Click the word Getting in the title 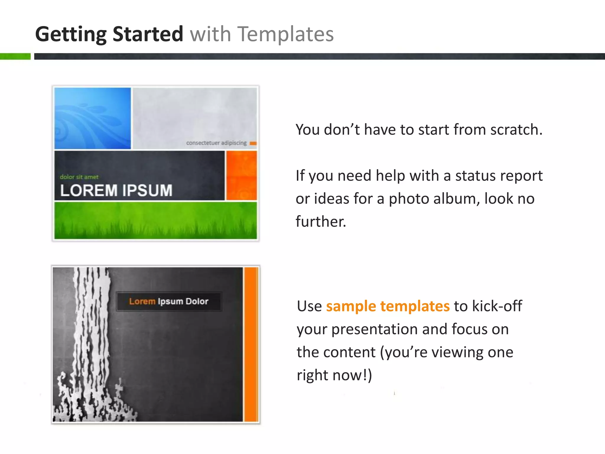click(71, 34)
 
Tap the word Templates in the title click(286, 34)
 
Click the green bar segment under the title click(15, 56)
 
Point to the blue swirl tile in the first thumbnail click(92, 118)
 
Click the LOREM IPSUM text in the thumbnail click(116, 190)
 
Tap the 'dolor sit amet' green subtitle click(79, 177)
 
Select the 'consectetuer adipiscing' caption click(216, 143)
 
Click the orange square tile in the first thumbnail click(241, 175)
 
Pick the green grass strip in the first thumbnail click(156, 220)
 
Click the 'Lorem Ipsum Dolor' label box click(169, 301)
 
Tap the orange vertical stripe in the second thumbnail click(251, 344)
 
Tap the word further click(321, 221)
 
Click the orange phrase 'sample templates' click(388, 306)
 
